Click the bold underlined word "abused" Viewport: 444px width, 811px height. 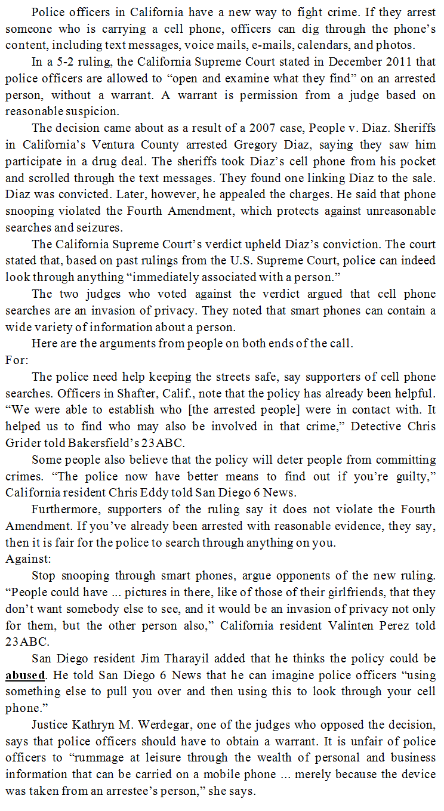pyautogui.click(x=26, y=676)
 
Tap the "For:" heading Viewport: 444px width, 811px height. pyautogui.click(x=17, y=360)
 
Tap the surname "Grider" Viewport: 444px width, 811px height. pyautogui.click(x=24, y=443)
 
